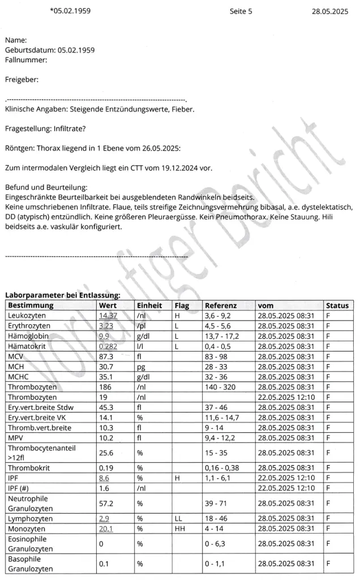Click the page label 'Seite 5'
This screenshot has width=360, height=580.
pyautogui.click(x=241, y=11)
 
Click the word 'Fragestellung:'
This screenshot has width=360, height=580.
pyautogui.click(x=27, y=129)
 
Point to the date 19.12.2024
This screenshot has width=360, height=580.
pyautogui.click(x=165, y=168)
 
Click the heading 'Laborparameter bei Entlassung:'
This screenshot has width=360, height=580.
pyautogui.click(x=62, y=295)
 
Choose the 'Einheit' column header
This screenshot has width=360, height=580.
pyautogui.click(x=149, y=305)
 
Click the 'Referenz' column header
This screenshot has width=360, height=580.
pyautogui.click(x=221, y=305)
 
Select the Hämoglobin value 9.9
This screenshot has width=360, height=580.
pyautogui.click(x=104, y=336)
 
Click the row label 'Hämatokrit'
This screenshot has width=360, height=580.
pyautogui.click(x=27, y=346)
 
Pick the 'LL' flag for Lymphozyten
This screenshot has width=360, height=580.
pyautogui.click(x=178, y=518)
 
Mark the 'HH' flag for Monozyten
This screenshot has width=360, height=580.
pyautogui.click(x=179, y=528)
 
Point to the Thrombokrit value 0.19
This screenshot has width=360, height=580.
pyautogui.click(x=105, y=468)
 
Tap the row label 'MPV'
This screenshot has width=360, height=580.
pyautogui.click(x=15, y=438)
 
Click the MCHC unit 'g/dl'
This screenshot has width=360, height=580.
pyautogui.click(x=144, y=377)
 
